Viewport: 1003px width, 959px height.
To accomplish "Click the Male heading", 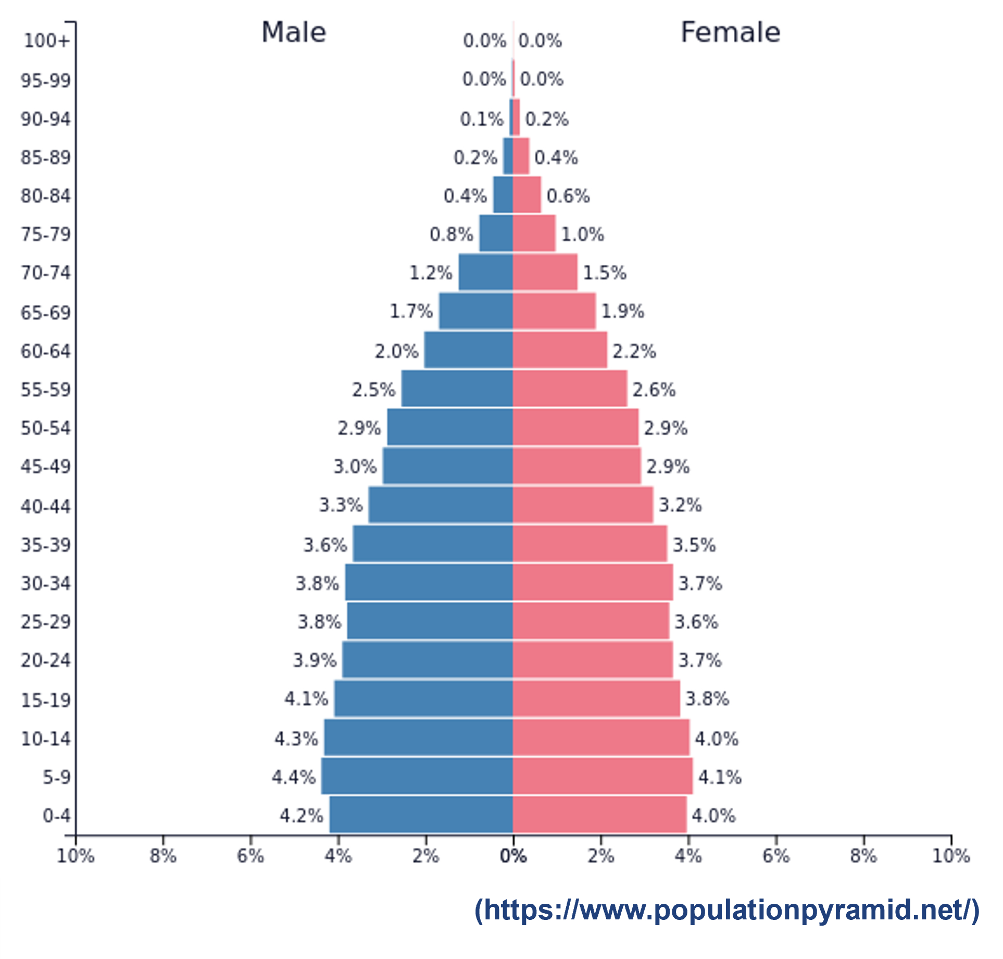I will tap(293, 32).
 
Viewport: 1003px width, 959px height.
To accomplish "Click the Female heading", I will tap(730, 32).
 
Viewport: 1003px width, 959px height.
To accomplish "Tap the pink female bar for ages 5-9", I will tap(603, 776).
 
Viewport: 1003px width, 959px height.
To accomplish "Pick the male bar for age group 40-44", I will tap(441, 505).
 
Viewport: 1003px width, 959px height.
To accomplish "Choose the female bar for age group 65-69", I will tap(554, 311).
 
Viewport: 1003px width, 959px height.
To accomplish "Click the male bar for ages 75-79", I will tap(496, 233).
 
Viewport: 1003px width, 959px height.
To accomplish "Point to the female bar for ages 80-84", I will tap(526, 195).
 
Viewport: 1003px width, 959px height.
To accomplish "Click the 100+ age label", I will tap(46, 41).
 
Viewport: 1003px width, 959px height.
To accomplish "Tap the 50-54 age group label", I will tap(45, 428).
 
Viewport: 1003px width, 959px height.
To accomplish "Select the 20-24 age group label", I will tap(45, 660).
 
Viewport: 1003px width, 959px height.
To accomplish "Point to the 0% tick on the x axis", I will tap(513, 856).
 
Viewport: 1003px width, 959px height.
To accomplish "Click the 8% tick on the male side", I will tap(163, 856).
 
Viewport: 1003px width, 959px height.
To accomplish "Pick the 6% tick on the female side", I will tap(776, 856).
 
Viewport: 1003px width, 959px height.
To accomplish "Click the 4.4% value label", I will tap(293, 777).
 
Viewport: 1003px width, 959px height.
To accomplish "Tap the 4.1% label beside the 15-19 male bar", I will tap(306, 698).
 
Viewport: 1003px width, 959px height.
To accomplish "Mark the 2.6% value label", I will tap(654, 389).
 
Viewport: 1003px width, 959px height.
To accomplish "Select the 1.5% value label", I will tap(604, 273).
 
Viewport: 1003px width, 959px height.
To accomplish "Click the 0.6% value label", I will tap(568, 196).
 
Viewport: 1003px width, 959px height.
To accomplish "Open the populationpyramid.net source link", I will tap(726, 910).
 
